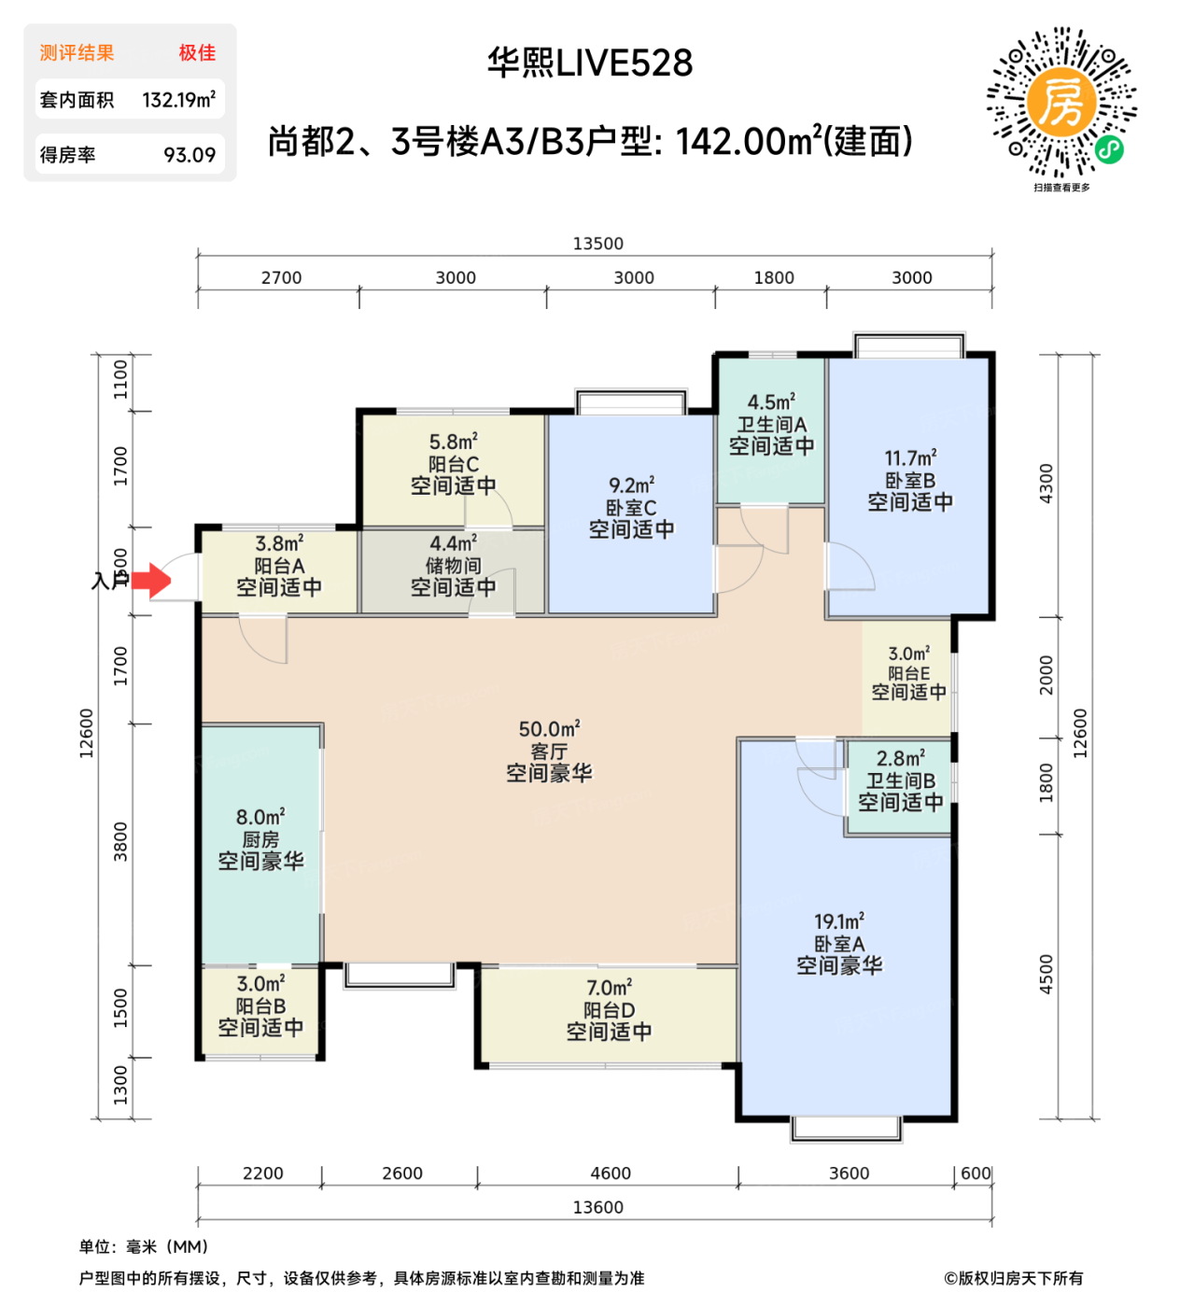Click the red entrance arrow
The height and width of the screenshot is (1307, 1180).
click(x=150, y=580)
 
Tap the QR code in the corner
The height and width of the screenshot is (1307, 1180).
click(x=1061, y=103)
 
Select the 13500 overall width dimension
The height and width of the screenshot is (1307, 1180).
click(x=597, y=244)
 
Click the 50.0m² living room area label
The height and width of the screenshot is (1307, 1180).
click(x=549, y=729)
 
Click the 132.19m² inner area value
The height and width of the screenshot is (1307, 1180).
click(x=178, y=100)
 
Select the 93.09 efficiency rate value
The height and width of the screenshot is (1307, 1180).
click(x=190, y=155)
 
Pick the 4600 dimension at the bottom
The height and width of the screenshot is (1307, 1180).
click(x=611, y=1173)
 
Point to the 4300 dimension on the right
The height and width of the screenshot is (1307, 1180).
click(x=1047, y=484)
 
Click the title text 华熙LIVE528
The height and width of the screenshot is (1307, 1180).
click(x=590, y=63)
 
